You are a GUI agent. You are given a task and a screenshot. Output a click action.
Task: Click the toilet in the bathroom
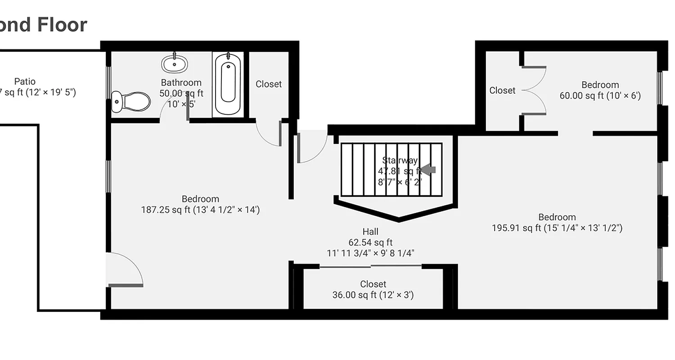tap(131, 102)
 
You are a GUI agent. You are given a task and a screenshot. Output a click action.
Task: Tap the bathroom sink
tap(175, 64)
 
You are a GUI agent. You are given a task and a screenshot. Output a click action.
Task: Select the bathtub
tap(228, 84)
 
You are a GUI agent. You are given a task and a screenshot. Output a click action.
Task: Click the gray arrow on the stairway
tap(428, 169)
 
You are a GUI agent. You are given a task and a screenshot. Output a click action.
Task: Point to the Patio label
tap(25, 81)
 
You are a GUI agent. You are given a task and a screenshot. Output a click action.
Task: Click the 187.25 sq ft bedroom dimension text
tap(200, 210)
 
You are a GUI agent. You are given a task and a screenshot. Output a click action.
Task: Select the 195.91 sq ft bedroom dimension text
tap(557, 228)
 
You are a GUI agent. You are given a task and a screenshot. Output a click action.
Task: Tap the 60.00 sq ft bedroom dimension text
tap(600, 96)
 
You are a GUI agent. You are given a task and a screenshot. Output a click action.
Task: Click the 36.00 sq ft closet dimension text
tap(373, 295)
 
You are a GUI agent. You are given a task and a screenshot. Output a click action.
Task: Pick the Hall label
tap(370, 232)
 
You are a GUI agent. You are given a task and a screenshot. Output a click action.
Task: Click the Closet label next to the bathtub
tap(269, 84)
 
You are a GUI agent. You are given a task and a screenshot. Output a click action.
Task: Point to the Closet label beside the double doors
tap(502, 90)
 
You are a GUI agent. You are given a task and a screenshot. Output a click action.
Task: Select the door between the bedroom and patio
tap(126, 270)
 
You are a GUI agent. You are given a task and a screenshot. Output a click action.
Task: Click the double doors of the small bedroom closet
tap(535, 90)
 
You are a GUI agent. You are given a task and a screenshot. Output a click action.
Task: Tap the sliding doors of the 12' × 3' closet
tap(371, 267)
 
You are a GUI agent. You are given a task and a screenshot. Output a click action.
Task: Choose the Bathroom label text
tap(181, 83)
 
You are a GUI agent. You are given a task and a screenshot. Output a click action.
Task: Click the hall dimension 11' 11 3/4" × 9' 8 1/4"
tap(370, 253)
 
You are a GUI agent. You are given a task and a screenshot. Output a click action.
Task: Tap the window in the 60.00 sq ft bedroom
tap(660, 88)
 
